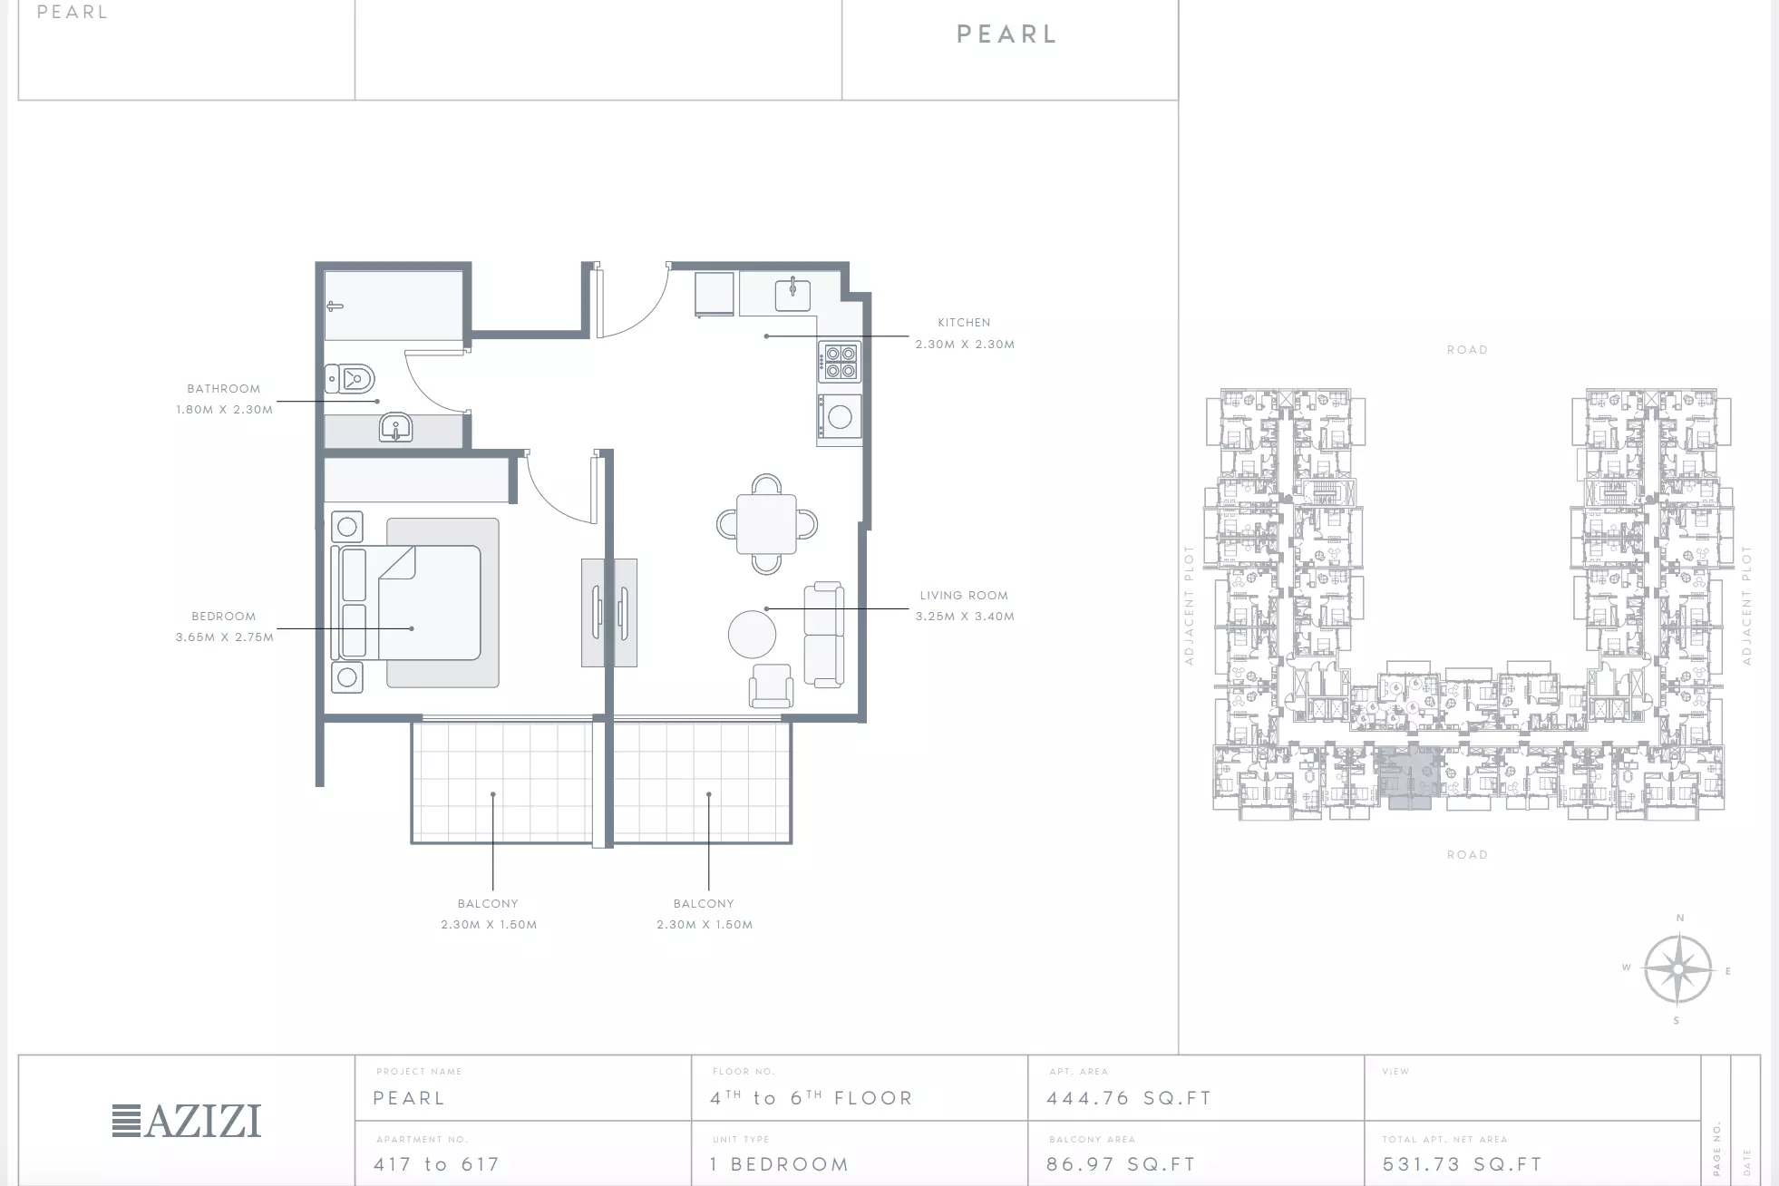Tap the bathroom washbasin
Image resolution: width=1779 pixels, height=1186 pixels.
click(x=395, y=427)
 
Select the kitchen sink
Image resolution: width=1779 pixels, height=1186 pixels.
click(x=792, y=294)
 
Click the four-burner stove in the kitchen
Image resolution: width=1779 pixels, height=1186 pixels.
click(x=841, y=362)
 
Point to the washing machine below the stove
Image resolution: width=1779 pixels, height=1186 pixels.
click(x=840, y=416)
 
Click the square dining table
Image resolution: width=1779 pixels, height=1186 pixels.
click(x=766, y=524)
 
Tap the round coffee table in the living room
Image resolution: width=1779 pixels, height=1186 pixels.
click(x=752, y=634)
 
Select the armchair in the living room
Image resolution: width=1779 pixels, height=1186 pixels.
click(x=771, y=686)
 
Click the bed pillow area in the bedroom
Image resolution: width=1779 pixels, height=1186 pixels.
click(x=354, y=602)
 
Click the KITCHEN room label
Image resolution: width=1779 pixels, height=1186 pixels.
click(x=964, y=322)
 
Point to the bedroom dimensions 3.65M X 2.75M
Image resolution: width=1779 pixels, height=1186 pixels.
click(x=225, y=637)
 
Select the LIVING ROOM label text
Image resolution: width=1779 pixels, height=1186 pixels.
click(x=964, y=595)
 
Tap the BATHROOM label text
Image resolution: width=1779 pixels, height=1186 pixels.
click(x=224, y=388)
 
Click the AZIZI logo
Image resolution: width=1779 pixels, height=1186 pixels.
click(x=187, y=1121)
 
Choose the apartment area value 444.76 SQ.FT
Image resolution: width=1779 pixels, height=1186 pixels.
click(x=1129, y=1098)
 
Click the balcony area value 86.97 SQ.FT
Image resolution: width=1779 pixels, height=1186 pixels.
click(x=1121, y=1164)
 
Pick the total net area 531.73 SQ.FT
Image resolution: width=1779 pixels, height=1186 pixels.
click(x=1463, y=1164)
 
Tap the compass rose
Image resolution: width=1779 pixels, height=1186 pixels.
click(x=1677, y=969)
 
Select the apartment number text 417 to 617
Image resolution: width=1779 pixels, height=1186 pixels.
click(x=437, y=1164)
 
